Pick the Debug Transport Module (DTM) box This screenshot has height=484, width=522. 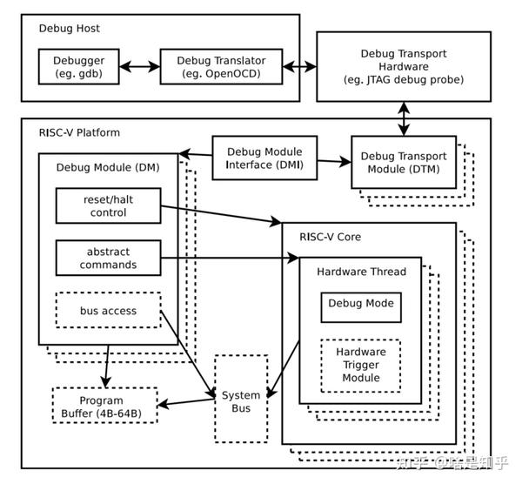tap(403, 162)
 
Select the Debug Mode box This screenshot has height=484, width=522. tap(360, 305)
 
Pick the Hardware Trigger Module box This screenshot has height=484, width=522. tap(360, 365)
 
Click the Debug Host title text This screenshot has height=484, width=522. tap(70, 28)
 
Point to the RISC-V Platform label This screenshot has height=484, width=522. tap(79, 132)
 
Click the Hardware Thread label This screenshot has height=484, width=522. tap(360, 271)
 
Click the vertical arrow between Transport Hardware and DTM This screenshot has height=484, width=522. tap(405, 118)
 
